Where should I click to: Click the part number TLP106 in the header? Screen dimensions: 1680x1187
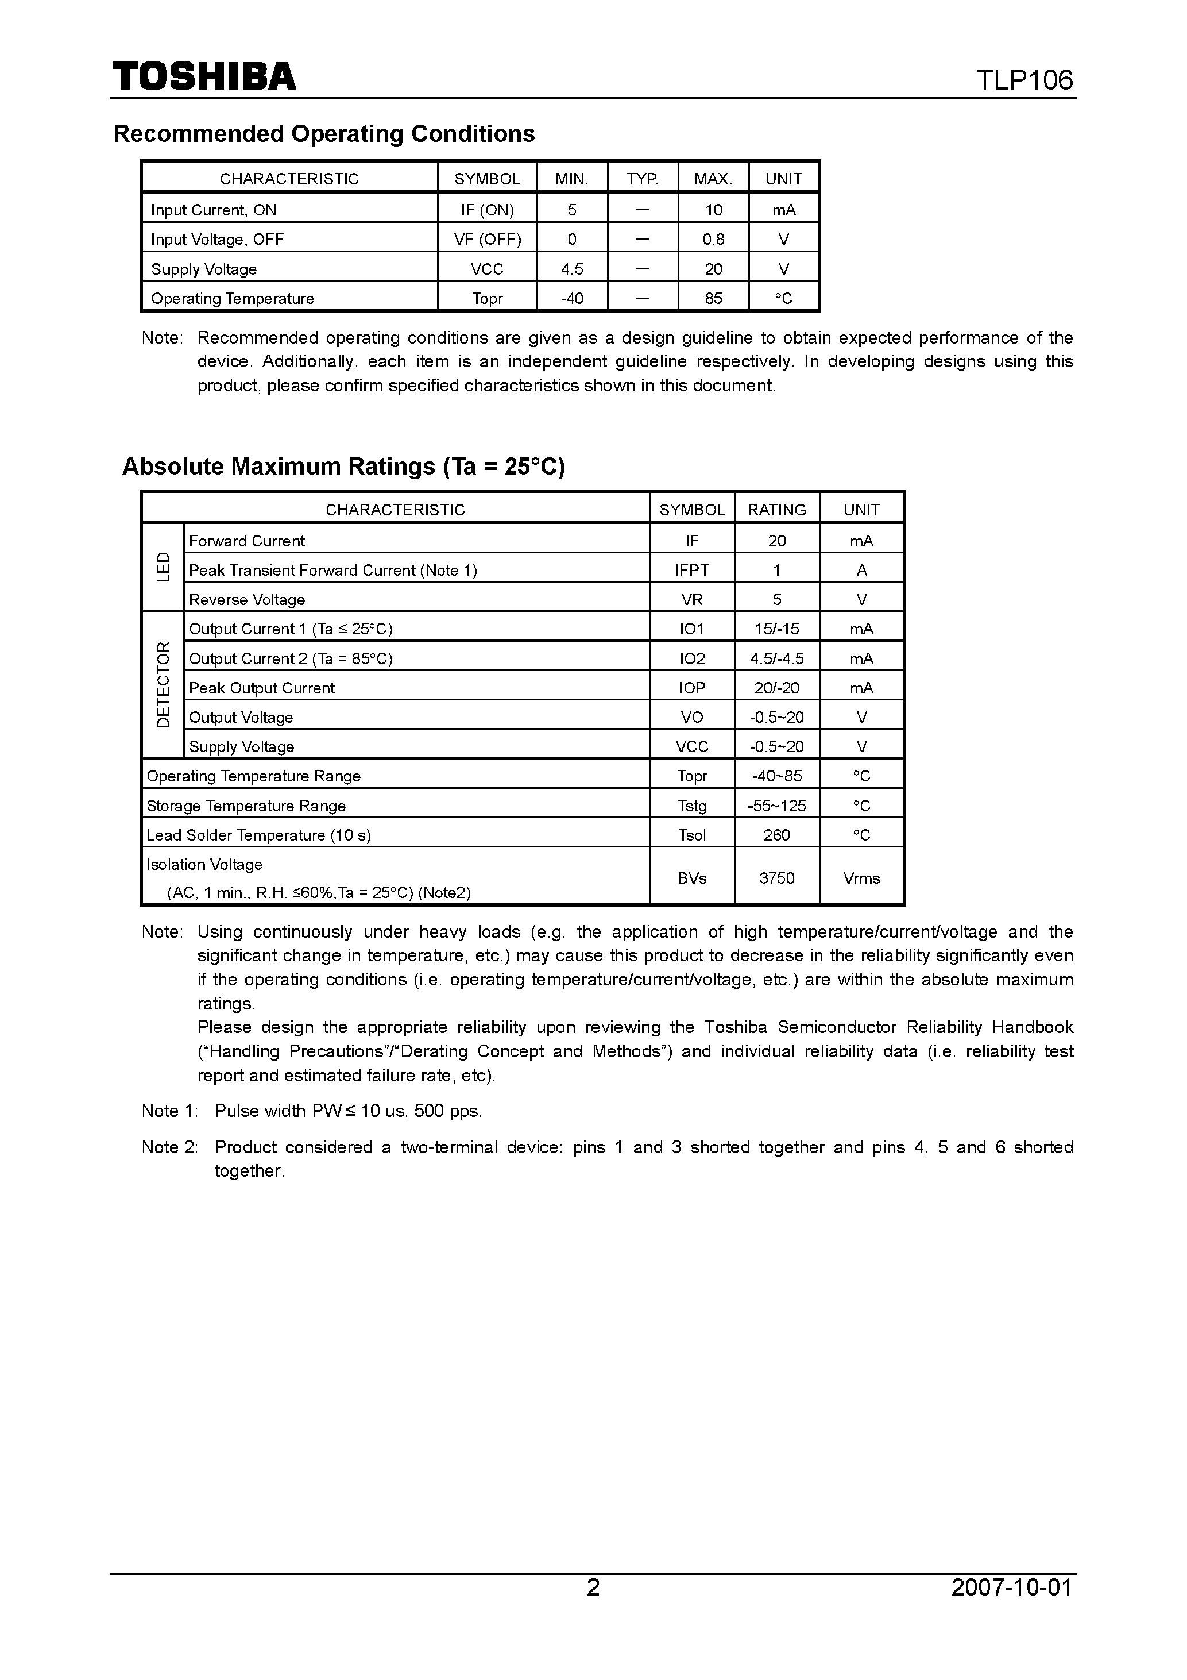pos(1024,80)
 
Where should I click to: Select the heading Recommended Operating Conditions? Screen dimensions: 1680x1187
pos(324,134)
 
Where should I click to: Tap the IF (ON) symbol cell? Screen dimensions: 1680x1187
pos(487,210)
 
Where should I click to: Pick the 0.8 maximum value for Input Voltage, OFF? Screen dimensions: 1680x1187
pos(713,239)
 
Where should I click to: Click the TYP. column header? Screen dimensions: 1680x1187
pos(642,179)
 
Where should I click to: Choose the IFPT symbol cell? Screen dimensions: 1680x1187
pos(692,570)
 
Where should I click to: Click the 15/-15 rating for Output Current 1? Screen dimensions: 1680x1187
pos(777,629)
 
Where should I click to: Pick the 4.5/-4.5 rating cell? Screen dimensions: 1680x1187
pos(777,658)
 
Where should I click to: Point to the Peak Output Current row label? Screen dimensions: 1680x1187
pos(262,688)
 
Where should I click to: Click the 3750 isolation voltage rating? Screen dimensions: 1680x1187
pos(777,877)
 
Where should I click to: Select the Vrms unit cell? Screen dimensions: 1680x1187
pos(861,877)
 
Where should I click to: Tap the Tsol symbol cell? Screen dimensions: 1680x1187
pos(692,835)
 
